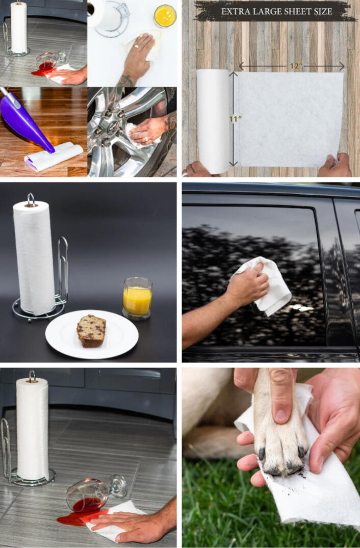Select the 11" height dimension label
235,119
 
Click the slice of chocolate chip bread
91,331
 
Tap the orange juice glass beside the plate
137,298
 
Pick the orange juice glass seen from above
165,15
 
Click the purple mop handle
24,119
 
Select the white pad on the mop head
54,156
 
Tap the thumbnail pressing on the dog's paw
281,415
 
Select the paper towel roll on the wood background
214,121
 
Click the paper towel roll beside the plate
34,257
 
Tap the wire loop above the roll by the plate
31,199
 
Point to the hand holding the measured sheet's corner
335,166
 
